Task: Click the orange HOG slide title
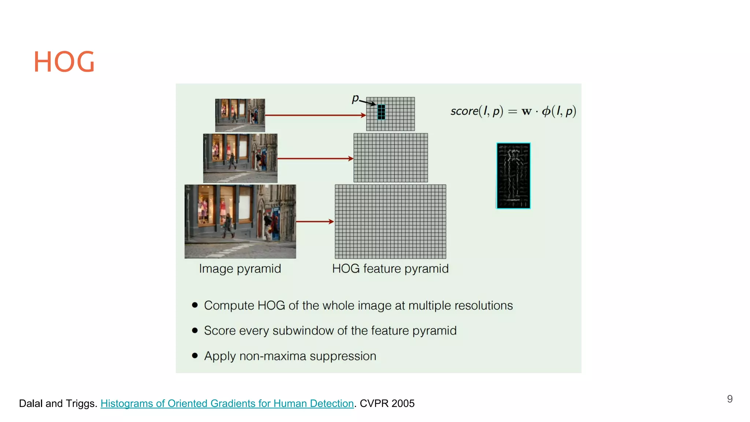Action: [x=64, y=62]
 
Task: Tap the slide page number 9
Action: [x=729, y=399]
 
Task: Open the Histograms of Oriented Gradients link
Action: [x=227, y=403]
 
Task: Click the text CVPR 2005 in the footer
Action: [x=387, y=403]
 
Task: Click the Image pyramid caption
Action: [x=240, y=269]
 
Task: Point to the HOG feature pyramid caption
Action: [x=390, y=269]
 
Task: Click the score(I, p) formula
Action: [x=513, y=111]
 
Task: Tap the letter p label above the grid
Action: [x=355, y=98]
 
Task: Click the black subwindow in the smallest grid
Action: [x=381, y=112]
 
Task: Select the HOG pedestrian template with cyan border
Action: [x=513, y=176]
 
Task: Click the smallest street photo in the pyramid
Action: [x=240, y=115]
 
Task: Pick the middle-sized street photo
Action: [x=240, y=158]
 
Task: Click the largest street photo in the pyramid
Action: [x=240, y=222]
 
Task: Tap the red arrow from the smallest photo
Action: [x=315, y=115]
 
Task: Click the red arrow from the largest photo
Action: [x=315, y=222]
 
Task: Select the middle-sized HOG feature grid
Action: [x=390, y=158]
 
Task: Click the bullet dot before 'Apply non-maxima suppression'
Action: [x=195, y=355]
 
